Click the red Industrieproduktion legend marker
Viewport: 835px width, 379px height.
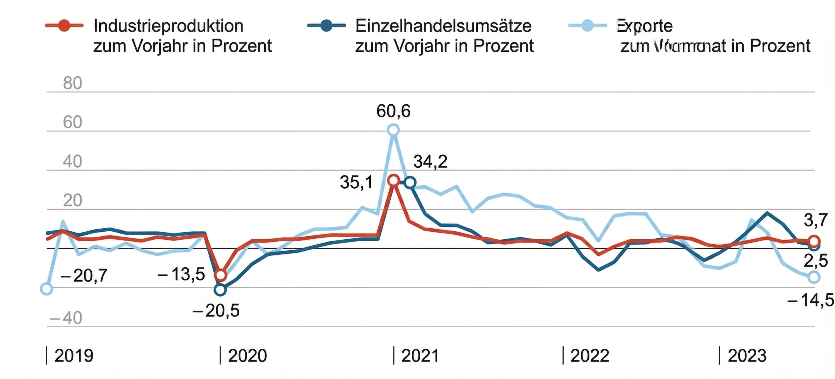64,25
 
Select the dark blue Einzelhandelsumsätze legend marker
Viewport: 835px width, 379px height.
326,25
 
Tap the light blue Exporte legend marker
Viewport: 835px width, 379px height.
587,25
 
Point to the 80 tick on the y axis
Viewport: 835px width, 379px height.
72,83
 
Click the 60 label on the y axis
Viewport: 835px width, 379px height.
72,122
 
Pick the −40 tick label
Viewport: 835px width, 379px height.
66,318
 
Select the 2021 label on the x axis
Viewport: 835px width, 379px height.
420,356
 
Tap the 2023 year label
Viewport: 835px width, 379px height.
747,356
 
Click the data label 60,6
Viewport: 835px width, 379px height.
393,111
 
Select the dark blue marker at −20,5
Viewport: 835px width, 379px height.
220,289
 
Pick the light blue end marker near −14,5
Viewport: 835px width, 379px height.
814,277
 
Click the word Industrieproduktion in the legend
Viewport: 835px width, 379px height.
168,26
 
